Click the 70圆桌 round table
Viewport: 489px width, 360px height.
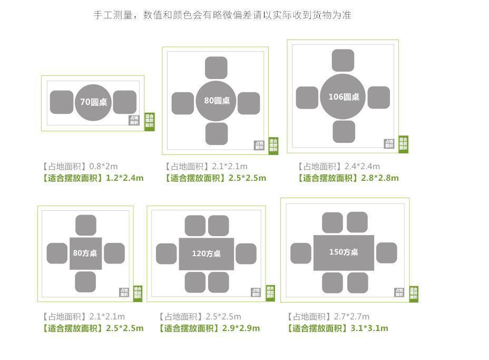coord(93,102)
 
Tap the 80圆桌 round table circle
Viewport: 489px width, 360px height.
coord(217,100)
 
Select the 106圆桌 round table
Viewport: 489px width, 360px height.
coord(343,96)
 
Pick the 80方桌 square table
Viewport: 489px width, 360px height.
coord(85,253)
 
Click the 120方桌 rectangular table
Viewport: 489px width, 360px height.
coord(206,254)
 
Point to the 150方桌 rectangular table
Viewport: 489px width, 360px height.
coord(344,252)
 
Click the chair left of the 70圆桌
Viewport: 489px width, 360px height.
coord(62,102)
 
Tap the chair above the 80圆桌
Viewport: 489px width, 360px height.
coord(216,68)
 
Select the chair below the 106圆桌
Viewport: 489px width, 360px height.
coord(344,131)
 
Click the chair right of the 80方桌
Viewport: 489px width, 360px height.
coord(114,254)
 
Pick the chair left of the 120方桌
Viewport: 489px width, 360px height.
coord(167,254)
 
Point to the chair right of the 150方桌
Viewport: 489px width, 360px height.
coord(386,253)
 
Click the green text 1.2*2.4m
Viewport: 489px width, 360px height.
coord(125,178)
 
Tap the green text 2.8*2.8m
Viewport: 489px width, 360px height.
coord(380,178)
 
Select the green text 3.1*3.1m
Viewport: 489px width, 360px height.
coord(369,328)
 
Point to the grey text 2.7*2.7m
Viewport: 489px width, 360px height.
coord(351,316)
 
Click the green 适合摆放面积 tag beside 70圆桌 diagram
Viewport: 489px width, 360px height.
coord(150,121)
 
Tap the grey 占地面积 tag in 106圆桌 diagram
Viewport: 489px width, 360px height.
coord(389,143)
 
